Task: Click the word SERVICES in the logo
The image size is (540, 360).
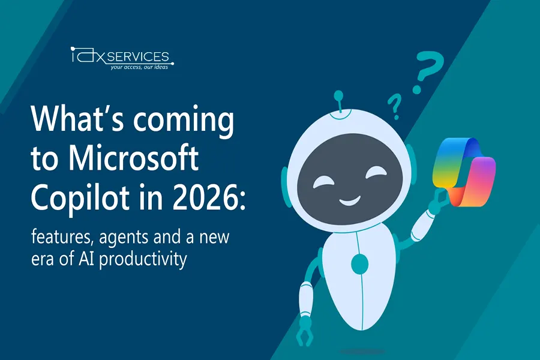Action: point(138,56)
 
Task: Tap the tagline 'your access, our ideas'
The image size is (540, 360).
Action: point(139,67)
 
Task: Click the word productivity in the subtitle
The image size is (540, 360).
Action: point(143,259)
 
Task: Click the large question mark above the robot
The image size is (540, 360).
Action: point(428,71)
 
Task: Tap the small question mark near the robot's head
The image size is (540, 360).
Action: point(395,106)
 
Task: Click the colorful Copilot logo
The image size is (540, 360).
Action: point(464,172)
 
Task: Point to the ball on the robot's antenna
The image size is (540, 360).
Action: point(338,95)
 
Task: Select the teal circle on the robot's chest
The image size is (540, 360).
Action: point(360,264)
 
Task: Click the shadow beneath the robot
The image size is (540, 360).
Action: point(362,352)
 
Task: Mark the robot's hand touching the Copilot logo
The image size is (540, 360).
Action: point(439,200)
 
